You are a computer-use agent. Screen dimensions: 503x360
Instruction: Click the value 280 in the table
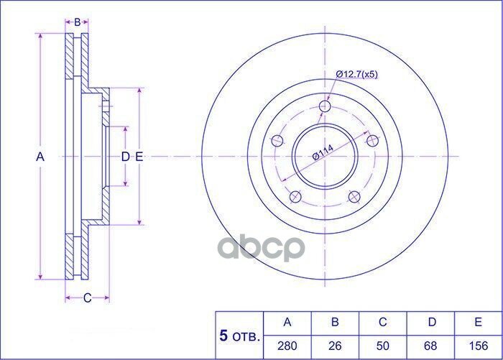[x=287, y=346]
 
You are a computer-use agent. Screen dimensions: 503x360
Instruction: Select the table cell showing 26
[x=335, y=346]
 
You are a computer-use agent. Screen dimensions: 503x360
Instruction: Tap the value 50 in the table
[x=382, y=346]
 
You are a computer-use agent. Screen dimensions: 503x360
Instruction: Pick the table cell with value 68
[x=430, y=346]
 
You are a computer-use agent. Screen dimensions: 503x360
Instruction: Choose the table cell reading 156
[x=478, y=346]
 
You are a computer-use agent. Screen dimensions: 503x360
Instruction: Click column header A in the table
[x=287, y=322]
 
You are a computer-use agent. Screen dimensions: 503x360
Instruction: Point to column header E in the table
[x=478, y=322]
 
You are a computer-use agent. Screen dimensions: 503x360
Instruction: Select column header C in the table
[x=382, y=322]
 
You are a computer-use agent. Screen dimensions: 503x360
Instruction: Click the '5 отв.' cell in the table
[x=239, y=336]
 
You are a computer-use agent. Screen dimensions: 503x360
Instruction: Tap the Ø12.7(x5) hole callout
[x=356, y=75]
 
